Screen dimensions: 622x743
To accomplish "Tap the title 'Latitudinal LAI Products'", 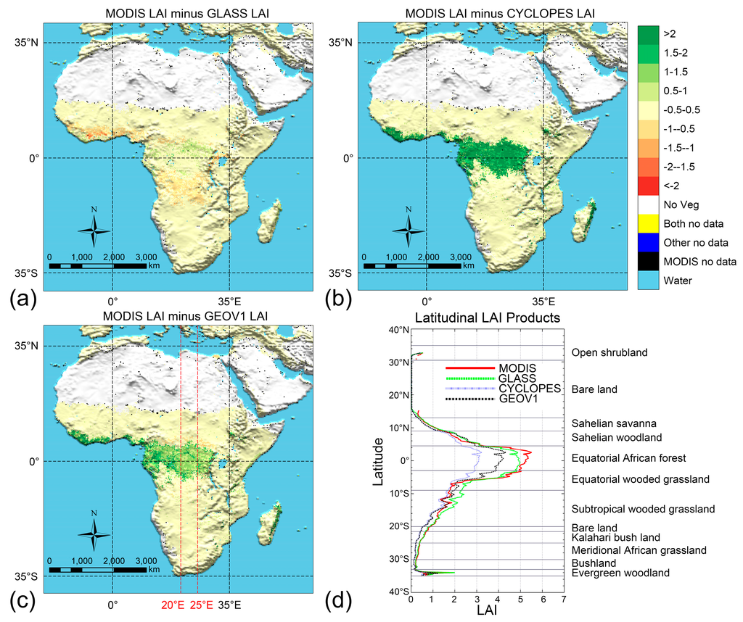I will (x=487, y=318).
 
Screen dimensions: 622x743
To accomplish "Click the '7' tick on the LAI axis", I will (x=564, y=600).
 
